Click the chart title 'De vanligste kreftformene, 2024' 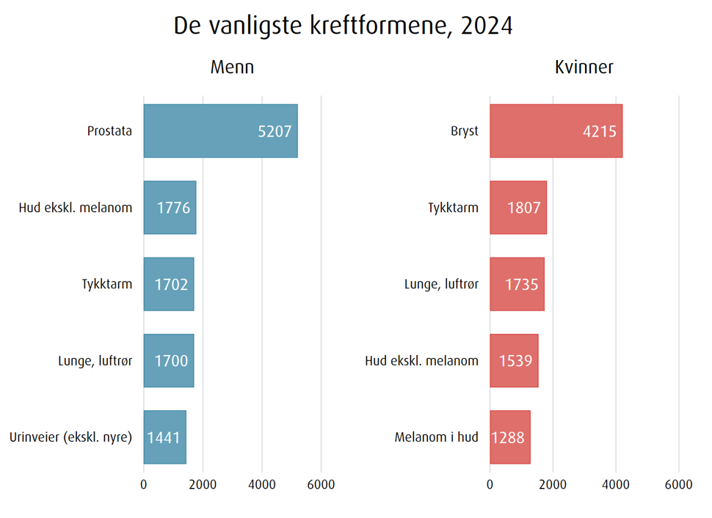point(343,26)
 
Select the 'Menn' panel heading point(232,68)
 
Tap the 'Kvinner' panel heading point(584,68)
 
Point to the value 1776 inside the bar point(173,208)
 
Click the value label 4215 point(599,131)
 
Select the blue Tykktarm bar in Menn point(169,284)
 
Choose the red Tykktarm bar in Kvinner point(518,208)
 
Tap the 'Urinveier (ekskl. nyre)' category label point(70,437)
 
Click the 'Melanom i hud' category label point(436,437)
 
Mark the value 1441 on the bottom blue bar point(164,437)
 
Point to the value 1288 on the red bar point(508,437)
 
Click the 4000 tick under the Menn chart point(262,484)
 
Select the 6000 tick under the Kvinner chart point(678,484)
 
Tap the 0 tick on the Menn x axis point(144,484)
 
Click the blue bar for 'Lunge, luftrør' point(169,360)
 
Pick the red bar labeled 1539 point(514,360)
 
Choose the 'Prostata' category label point(109,131)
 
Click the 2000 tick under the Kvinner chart point(553,484)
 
